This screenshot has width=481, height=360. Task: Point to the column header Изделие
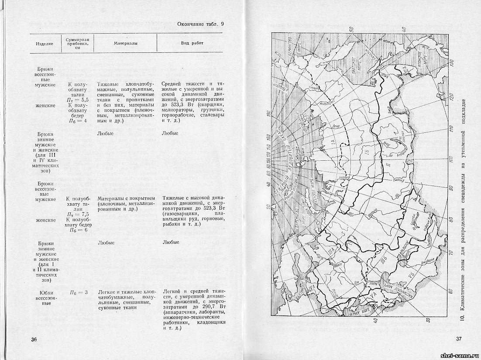click(45, 44)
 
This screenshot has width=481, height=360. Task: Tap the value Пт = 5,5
click(79, 100)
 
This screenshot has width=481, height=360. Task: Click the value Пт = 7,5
click(79, 215)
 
